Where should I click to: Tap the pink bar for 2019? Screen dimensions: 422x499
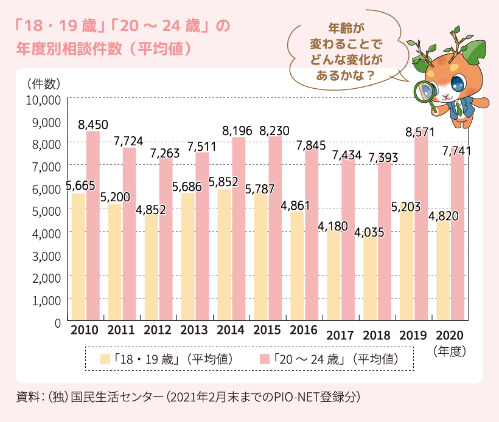point(422,231)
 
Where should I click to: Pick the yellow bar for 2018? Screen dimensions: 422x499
point(370,280)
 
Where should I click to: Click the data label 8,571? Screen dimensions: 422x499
point(422,130)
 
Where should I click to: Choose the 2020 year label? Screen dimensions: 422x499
point(450,336)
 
